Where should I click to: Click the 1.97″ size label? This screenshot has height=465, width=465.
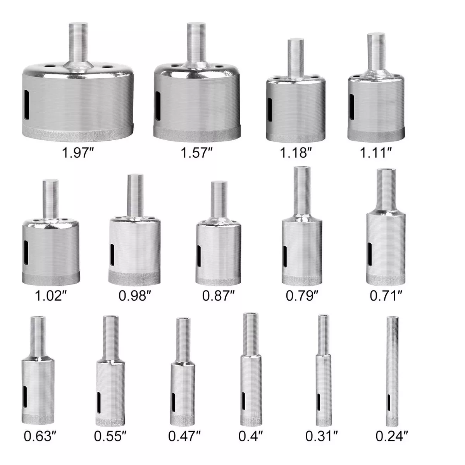pos(78,153)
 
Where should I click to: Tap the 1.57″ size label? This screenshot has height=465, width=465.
pos(196,153)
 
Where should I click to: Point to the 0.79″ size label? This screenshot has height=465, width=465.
pos(302,296)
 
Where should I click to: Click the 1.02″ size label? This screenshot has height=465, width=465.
pos(50,296)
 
